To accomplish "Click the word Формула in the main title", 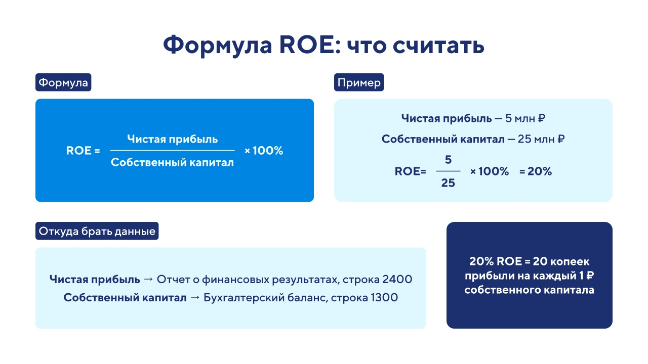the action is click(x=218, y=45).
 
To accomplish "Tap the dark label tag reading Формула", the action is click(x=63, y=82).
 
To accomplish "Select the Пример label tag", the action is click(x=359, y=82).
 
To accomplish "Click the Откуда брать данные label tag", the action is click(x=97, y=231).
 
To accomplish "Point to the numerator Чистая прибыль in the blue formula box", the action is click(x=173, y=139).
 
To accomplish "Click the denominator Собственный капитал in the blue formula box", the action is click(x=173, y=162).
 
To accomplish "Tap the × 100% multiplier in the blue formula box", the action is click(x=264, y=151).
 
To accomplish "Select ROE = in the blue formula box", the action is click(x=83, y=151).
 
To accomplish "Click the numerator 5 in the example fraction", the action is click(x=448, y=160).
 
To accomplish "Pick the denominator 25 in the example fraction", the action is click(x=448, y=183).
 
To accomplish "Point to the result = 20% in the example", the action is click(x=536, y=171).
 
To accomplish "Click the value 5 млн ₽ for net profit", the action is click(x=525, y=118).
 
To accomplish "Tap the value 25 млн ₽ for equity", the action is click(x=541, y=139).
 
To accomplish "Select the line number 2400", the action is click(x=397, y=279).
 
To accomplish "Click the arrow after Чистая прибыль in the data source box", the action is click(x=148, y=279).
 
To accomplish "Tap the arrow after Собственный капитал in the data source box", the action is click(x=195, y=297).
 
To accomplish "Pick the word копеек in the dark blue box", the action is click(x=570, y=261).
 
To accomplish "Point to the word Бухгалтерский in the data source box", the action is click(x=244, y=298).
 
